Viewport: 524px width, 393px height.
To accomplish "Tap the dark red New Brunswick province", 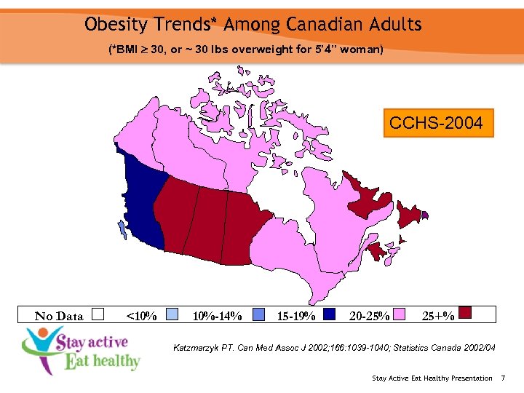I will tap(376, 252).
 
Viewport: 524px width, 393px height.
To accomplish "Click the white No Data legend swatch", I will tap(99, 314).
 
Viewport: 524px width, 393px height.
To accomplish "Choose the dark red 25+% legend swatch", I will tap(466, 313).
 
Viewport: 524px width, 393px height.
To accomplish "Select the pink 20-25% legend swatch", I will tap(400, 314).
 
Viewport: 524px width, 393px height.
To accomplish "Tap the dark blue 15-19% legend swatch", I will tap(330, 314).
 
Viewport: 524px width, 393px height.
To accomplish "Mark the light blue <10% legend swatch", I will tap(172, 314).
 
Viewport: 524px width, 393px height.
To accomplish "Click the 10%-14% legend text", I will tap(216, 316).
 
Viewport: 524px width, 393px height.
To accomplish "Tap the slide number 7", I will tap(503, 378).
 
